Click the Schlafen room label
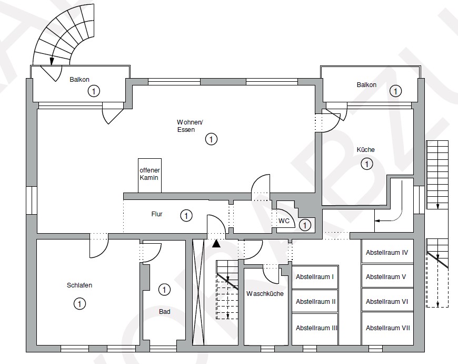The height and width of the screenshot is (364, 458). pos(79,285)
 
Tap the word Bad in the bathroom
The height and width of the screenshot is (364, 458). pos(164,312)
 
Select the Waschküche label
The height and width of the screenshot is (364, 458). pos(265,293)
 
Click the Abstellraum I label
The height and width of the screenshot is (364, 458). pos(315,277)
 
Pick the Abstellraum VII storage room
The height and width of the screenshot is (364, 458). pos(387,329)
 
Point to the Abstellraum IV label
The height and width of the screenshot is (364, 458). pos(387,253)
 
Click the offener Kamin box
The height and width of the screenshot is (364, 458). pos(150,176)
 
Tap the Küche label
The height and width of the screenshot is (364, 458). pos(365,149)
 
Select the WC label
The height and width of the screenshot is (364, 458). pos(284,221)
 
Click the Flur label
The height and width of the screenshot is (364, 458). pos(157,214)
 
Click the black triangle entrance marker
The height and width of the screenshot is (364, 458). pos(216,243)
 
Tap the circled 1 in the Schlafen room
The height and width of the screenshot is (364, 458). pos(79,303)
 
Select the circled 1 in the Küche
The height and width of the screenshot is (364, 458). pos(367,164)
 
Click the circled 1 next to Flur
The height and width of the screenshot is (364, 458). pos(186,216)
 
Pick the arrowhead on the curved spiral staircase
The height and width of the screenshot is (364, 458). pos(52,61)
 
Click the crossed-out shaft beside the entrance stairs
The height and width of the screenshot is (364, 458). pos(198,292)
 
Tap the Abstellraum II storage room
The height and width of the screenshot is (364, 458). pos(315,301)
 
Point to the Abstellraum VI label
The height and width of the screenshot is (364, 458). pos(387,301)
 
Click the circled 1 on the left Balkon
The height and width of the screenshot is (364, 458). pos(94,91)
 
